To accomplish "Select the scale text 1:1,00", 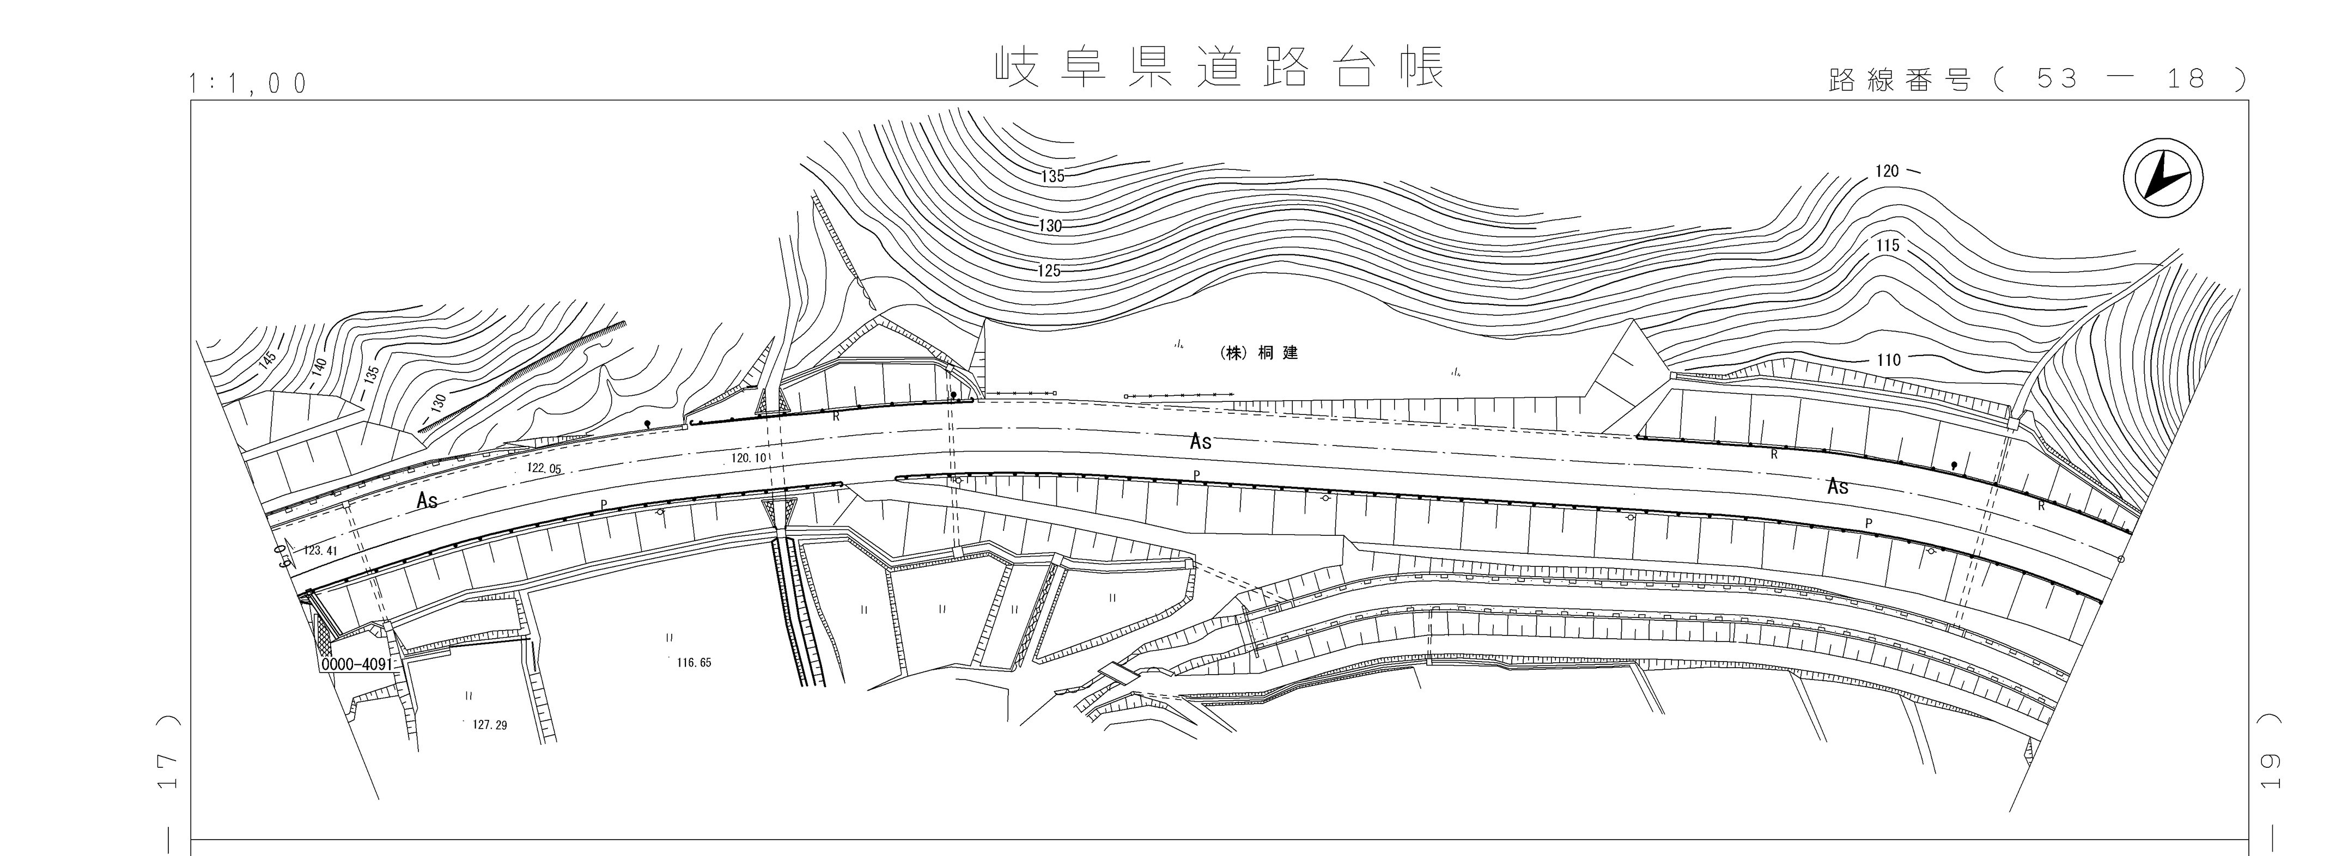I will click(x=247, y=84).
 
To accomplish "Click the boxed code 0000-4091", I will click(x=356, y=664).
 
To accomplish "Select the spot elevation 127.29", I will click(x=490, y=725).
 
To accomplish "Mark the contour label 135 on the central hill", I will click(x=1052, y=176).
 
